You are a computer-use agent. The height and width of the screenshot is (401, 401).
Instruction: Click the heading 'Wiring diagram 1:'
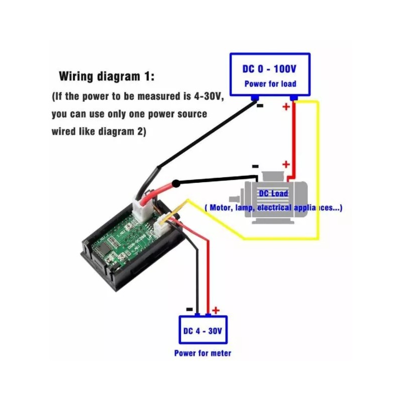point(107,77)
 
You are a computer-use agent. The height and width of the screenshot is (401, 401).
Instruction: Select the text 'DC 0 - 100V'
point(270,70)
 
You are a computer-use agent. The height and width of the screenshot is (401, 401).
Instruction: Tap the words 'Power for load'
point(270,84)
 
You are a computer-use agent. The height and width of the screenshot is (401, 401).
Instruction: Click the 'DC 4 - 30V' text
point(203,331)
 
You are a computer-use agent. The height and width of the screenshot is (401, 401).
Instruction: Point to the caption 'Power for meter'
point(203,353)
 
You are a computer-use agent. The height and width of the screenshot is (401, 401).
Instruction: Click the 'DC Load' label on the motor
point(274,193)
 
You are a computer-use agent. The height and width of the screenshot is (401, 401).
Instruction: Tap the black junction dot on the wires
point(176,184)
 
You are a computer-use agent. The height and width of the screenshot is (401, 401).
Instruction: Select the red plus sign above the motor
point(286,164)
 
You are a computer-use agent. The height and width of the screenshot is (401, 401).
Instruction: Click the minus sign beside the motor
point(255,166)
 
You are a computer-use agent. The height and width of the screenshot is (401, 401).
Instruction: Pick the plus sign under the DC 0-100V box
point(286,107)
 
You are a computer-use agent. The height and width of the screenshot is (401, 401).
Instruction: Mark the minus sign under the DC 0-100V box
point(260,106)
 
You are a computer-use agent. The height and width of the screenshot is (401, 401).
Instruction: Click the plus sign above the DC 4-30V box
point(216,310)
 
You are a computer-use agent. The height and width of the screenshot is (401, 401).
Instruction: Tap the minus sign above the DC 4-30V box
point(189,310)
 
